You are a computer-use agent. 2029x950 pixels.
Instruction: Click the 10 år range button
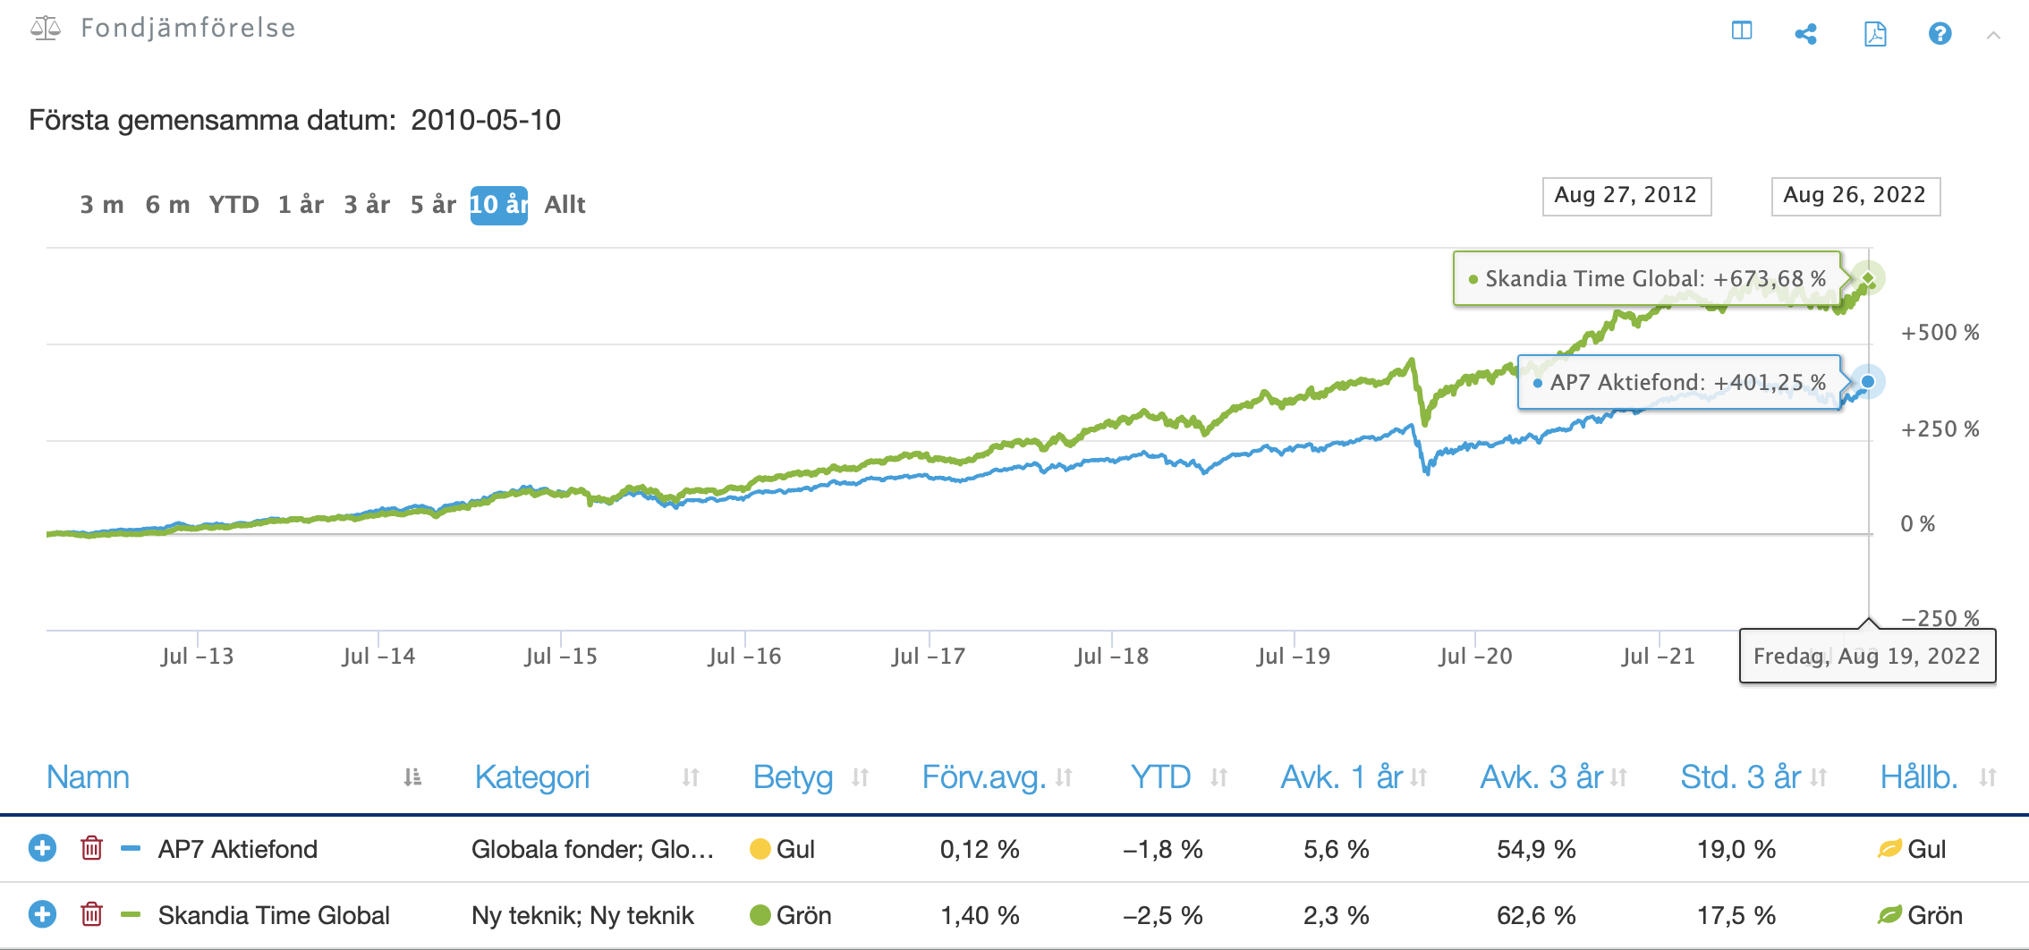499,205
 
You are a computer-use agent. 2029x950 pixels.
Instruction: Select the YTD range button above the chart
233,205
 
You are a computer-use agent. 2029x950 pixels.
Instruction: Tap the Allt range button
565,205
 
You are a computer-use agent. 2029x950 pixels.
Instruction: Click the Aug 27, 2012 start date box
1626,196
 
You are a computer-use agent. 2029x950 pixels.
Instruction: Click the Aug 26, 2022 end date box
1855,196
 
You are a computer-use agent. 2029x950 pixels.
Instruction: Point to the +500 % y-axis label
1940,333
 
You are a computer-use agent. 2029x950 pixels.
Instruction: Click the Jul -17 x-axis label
928,657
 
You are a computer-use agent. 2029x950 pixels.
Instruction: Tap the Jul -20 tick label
1475,657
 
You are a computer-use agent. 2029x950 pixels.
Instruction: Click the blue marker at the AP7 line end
1868,382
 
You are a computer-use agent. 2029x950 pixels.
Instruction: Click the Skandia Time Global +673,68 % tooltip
1647,279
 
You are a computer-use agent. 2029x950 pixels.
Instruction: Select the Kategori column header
532,777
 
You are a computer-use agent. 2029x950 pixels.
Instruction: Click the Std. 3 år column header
1741,777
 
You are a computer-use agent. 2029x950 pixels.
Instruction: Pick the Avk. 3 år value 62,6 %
1536,916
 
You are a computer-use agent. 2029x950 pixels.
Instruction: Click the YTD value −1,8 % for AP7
1163,850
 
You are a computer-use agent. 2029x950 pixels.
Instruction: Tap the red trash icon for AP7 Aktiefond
91,848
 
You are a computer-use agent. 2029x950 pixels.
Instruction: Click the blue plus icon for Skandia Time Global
42,914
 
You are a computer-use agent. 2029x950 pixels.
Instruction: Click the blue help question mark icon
1940,33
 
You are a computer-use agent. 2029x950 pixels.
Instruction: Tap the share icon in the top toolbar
1805,34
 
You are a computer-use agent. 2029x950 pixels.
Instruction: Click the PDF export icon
1875,34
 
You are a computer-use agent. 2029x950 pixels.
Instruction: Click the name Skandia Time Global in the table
274,916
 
